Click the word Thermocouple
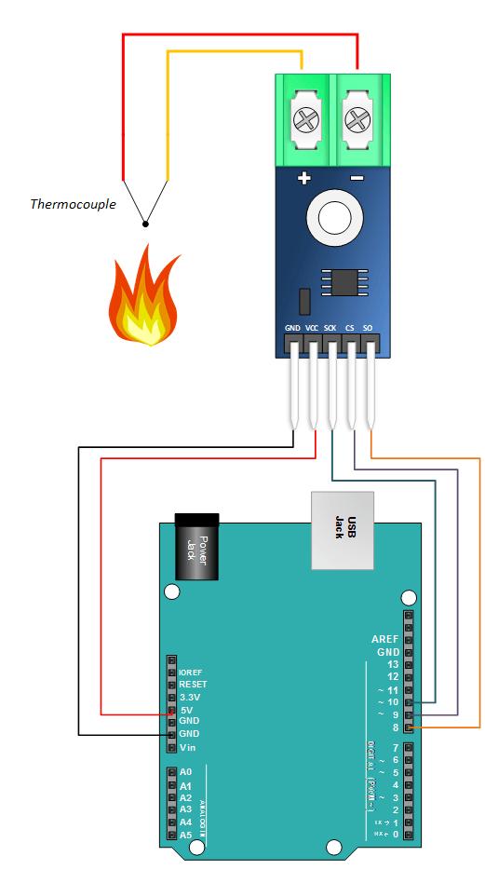73,204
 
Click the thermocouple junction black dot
145,223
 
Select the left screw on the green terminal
304,119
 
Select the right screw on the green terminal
357,119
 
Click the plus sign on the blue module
303,179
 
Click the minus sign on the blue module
356,179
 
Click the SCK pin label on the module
330,329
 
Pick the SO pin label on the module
368,329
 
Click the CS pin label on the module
350,329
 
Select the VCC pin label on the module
312,329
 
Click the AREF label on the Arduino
384,640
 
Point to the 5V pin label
186,710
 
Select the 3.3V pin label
190,697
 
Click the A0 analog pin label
186,772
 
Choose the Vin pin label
188,748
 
